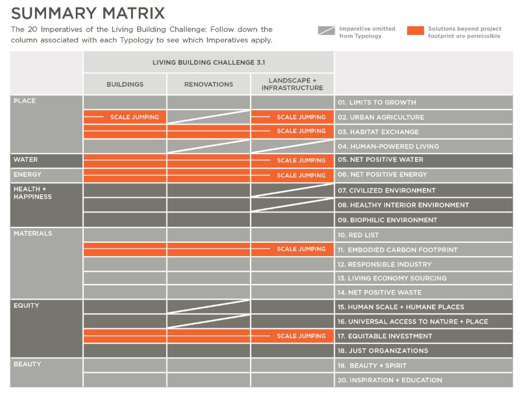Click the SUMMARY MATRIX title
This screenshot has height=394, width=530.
[88, 13]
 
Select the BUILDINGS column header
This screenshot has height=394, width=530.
[125, 84]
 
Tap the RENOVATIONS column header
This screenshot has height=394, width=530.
[208, 84]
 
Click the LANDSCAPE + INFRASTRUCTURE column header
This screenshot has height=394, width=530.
[292, 84]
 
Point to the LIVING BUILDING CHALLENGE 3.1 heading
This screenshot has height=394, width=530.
[208, 62]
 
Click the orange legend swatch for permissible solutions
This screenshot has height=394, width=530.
[415, 31]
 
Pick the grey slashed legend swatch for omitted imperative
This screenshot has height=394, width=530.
[326, 31]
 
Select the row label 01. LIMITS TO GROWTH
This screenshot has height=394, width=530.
[377, 102]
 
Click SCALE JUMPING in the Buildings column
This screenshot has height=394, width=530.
[134, 117]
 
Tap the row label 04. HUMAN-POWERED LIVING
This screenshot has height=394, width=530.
[388, 146]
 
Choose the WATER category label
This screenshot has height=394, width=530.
[26, 159]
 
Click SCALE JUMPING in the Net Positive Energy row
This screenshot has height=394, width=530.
[301, 175]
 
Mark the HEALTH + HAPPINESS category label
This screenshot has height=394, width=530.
[32, 193]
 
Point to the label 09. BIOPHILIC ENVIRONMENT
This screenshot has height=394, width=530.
[387, 220]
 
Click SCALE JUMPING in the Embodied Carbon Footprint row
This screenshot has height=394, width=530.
[301, 249]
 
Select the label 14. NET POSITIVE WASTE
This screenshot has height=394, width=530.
[380, 292]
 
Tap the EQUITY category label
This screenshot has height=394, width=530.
[26, 306]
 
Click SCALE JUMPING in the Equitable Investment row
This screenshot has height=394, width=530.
[301, 336]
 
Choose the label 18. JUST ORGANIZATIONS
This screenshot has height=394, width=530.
[382, 350]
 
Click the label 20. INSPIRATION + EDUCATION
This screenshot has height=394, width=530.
[389, 380]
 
